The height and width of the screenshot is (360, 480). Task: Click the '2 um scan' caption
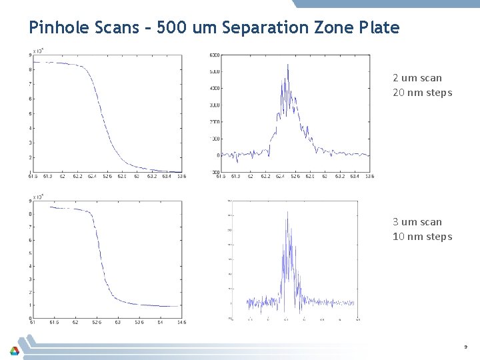417,78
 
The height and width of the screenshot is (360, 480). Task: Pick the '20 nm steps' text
422,93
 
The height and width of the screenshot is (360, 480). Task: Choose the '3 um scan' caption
417,222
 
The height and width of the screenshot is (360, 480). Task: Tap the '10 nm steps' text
422,237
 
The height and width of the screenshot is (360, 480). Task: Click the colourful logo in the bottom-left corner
15,349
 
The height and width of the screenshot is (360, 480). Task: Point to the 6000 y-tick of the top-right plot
215,55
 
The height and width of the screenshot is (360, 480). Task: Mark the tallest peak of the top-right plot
287,65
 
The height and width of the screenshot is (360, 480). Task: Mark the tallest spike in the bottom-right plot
287,212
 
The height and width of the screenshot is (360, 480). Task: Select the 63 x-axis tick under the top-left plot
137,177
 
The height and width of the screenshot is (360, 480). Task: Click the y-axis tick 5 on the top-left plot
31,113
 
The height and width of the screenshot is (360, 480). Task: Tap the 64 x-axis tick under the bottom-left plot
160,322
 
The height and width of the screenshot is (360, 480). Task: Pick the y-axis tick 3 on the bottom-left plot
31,279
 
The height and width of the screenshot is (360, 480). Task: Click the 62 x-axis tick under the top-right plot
250,177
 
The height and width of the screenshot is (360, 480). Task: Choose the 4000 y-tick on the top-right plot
214,88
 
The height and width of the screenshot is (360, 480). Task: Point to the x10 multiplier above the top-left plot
39,51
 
